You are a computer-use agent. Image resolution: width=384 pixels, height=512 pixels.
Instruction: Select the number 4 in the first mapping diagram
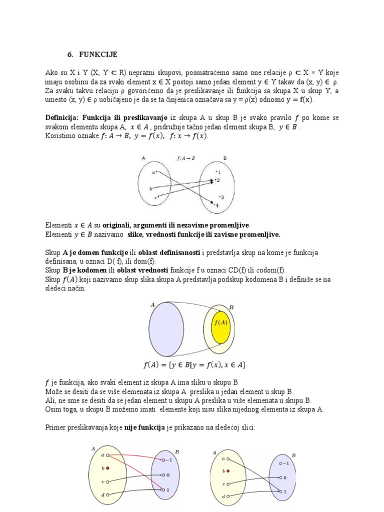(216, 205)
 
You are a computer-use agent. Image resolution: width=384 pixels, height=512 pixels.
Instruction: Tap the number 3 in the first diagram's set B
(221, 197)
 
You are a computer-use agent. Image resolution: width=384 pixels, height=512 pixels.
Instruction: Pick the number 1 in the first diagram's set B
(218, 172)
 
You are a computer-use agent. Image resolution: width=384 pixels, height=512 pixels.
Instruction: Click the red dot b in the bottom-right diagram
(228, 470)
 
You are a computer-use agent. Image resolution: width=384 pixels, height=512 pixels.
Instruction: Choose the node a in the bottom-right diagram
(228, 458)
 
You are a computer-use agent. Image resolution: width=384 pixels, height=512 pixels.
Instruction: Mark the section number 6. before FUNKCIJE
(71, 54)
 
